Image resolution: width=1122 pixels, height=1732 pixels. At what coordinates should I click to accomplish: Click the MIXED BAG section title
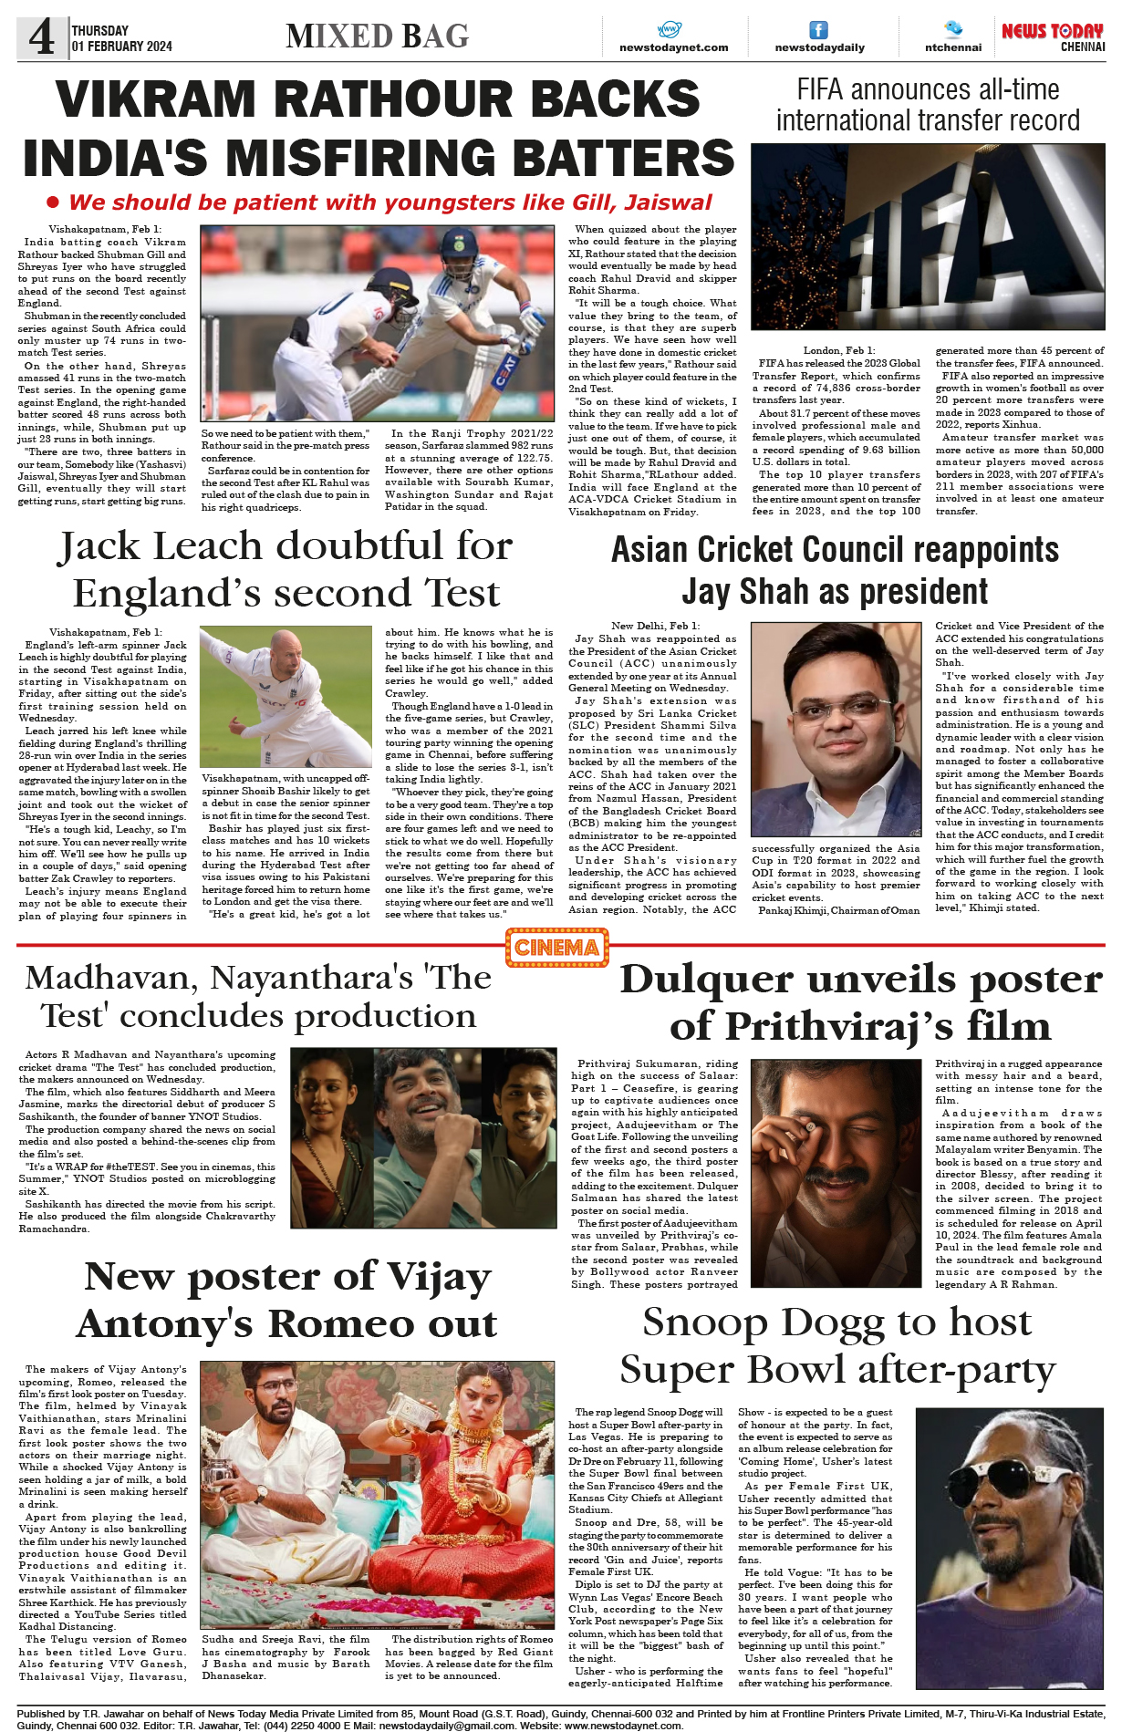click(x=377, y=36)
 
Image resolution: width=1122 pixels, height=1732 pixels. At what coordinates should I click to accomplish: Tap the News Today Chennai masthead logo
click(x=1053, y=36)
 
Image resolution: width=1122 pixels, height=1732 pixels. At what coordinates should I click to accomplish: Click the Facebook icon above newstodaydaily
click(x=819, y=30)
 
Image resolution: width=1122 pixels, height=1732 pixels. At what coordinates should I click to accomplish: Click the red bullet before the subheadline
click(x=53, y=202)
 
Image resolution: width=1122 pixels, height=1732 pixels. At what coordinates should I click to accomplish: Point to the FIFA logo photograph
click(x=928, y=237)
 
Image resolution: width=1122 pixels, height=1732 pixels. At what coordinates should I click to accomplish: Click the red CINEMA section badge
click(x=556, y=948)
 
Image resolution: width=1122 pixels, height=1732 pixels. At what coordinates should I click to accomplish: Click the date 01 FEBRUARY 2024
click(x=121, y=47)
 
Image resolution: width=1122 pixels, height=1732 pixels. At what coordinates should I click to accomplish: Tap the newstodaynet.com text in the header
click(x=673, y=47)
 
